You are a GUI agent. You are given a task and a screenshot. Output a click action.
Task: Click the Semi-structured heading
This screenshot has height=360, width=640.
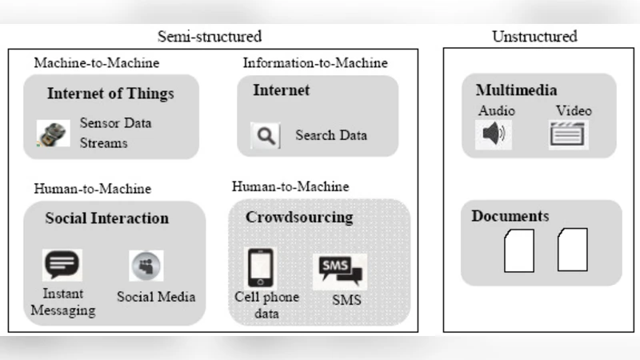(x=210, y=36)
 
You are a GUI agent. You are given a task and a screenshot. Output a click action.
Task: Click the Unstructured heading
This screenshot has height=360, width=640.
(x=534, y=36)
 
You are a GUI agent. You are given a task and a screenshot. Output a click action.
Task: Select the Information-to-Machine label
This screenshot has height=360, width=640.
(x=315, y=62)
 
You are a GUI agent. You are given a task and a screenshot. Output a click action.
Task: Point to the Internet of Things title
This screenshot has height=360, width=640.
(x=110, y=94)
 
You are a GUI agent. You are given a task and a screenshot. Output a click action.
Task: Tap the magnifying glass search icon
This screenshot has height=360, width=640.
(x=265, y=136)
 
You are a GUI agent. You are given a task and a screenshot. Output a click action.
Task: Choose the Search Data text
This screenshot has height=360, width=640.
(x=331, y=135)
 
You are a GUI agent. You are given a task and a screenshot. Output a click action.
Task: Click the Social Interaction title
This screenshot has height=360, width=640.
(x=107, y=218)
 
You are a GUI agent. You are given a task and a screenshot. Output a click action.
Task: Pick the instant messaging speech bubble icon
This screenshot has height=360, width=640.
(x=62, y=265)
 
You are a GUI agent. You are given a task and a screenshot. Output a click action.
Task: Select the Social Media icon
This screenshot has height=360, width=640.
(x=146, y=266)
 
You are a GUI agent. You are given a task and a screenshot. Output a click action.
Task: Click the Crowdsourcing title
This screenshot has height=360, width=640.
(x=299, y=217)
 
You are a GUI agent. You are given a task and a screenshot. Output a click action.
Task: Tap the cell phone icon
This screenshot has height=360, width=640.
(x=260, y=267)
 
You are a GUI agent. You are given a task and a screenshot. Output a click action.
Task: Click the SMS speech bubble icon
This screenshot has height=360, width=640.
(x=340, y=270)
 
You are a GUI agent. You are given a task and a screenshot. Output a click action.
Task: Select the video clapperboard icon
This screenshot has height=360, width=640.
(x=568, y=133)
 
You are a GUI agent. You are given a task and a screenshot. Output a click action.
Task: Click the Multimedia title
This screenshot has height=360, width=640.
(x=516, y=90)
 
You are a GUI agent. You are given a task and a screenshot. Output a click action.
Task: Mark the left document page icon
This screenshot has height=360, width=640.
(x=518, y=250)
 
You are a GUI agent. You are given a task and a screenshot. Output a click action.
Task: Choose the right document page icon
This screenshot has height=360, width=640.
(x=572, y=249)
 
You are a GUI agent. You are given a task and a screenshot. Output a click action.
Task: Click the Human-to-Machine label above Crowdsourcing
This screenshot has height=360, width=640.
(x=290, y=186)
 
